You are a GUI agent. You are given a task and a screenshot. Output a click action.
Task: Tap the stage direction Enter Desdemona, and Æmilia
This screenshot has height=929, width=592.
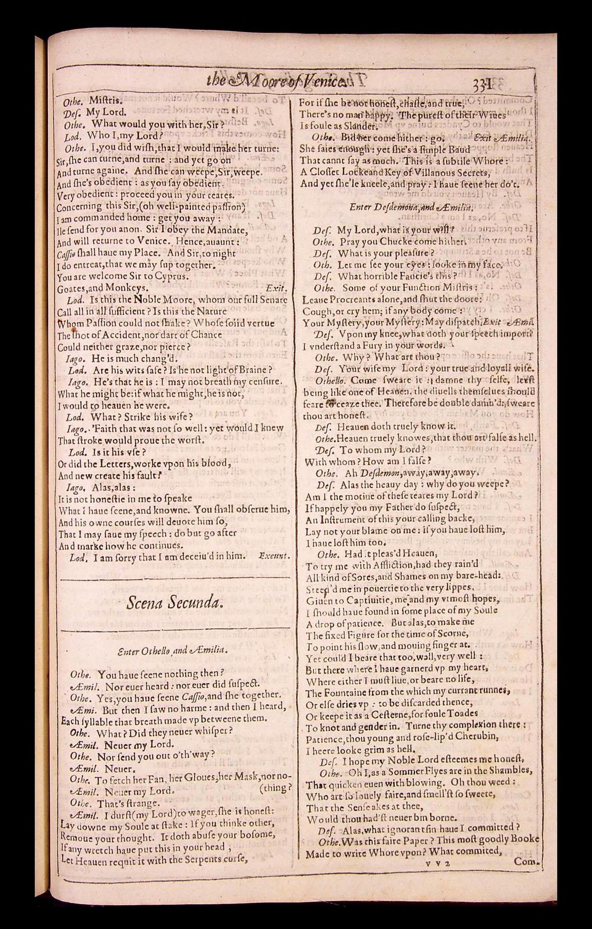[411, 207]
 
